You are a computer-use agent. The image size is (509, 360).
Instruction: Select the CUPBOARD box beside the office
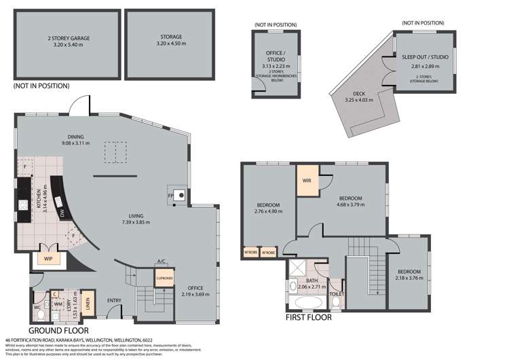click(164, 278)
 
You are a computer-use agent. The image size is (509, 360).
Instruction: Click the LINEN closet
click(88, 302)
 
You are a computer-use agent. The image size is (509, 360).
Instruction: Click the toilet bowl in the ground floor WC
click(41, 315)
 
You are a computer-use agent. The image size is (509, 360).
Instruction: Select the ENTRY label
click(114, 301)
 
